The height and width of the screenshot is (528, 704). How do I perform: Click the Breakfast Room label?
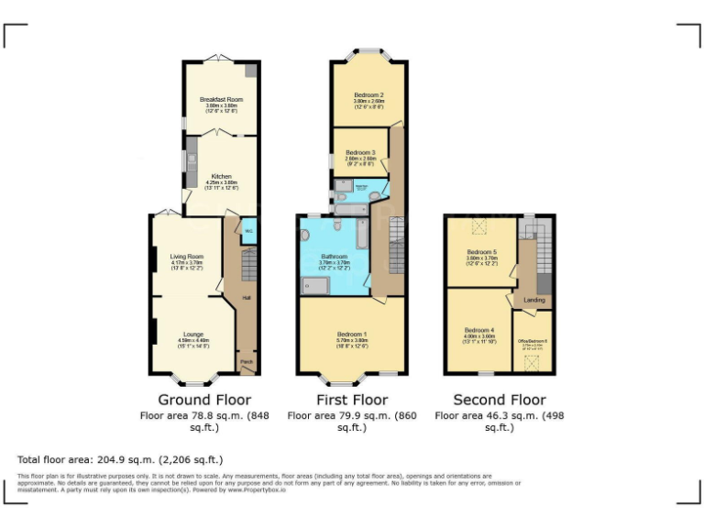point(221,99)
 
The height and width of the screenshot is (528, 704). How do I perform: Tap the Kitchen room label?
point(221,176)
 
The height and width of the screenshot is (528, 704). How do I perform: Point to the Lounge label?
point(192,335)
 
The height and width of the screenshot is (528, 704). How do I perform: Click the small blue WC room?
point(248,231)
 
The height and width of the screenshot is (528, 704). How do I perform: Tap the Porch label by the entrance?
point(246,363)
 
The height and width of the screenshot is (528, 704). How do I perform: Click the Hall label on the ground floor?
point(246,298)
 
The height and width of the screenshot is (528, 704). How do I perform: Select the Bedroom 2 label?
point(368,94)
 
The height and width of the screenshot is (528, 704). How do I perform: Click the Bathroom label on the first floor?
point(334,257)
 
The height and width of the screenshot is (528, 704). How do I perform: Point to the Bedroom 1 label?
point(352,335)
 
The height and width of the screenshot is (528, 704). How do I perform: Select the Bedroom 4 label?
point(478,330)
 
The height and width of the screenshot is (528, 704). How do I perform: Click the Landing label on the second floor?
point(533,300)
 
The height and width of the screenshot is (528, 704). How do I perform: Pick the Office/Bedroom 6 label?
point(533,341)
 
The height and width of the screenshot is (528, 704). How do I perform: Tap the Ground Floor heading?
point(204,400)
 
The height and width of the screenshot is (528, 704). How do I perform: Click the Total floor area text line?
point(120,459)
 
